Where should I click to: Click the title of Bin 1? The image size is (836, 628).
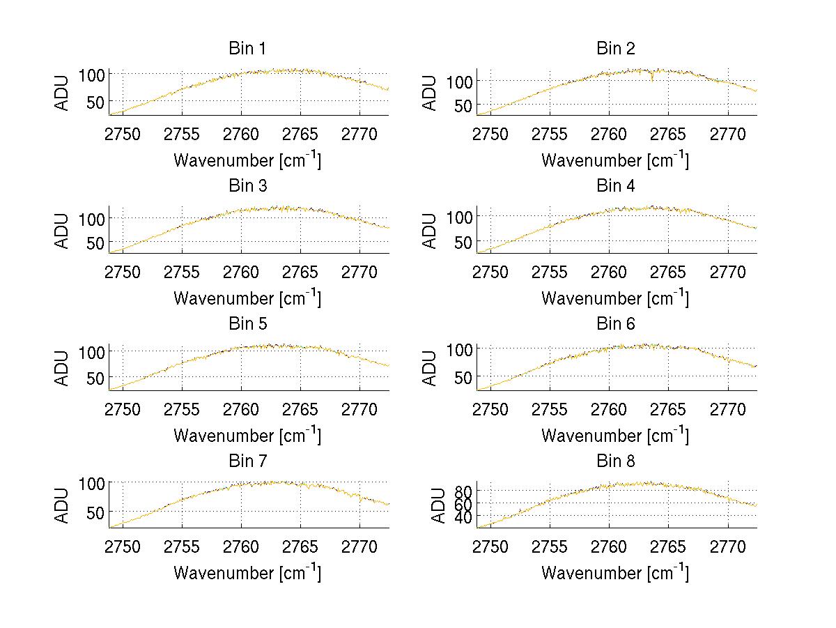[x=247, y=49]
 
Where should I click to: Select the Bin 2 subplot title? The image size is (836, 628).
[x=616, y=49]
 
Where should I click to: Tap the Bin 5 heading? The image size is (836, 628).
[x=247, y=324]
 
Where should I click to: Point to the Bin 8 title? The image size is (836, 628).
[x=616, y=461]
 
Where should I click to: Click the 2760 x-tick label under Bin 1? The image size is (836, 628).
[x=241, y=134]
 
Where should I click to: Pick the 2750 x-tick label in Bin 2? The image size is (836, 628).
[x=490, y=134]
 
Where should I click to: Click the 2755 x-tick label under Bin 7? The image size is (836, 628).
[x=182, y=546]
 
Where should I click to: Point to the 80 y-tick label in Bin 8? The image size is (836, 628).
[x=464, y=491]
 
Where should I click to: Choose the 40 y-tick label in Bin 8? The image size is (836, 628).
[x=464, y=516]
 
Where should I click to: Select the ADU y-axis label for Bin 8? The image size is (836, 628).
[x=438, y=506]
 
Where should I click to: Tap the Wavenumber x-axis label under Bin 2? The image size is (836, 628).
[x=615, y=160]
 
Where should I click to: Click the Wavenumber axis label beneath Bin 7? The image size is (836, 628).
[x=247, y=573]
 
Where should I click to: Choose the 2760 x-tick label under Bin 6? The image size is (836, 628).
[x=609, y=409]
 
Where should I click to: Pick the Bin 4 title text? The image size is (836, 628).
[x=616, y=186]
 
